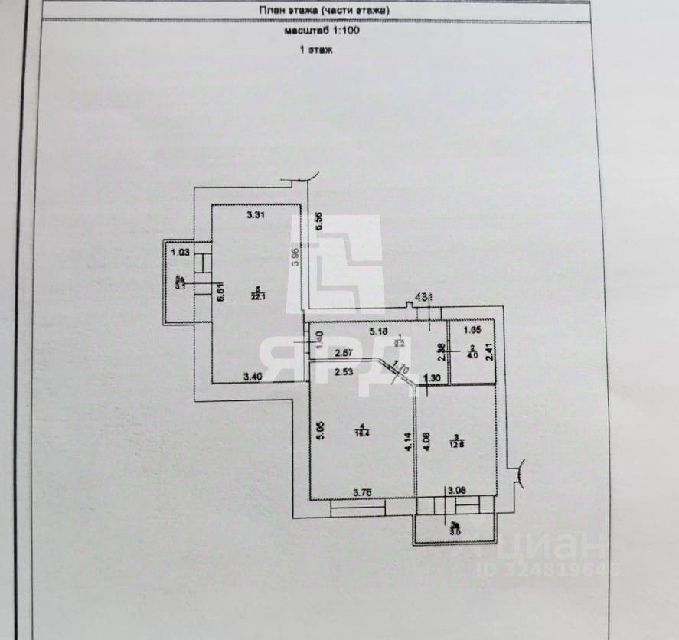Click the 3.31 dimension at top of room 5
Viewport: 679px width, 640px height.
click(x=256, y=215)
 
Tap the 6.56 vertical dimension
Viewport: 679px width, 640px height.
click(x=319, y=223)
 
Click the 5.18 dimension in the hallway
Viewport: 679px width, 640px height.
click(x=380, y=331)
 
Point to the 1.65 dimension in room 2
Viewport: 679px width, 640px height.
click(x=473, y=331)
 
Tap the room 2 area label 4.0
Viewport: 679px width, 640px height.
click(x=472, y=354)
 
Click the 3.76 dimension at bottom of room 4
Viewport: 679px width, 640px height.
click(x=362, y=491)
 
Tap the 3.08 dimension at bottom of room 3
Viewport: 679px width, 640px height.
click(x=456, y=491)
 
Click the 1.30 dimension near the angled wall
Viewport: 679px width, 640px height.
click(x=431, y=377)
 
